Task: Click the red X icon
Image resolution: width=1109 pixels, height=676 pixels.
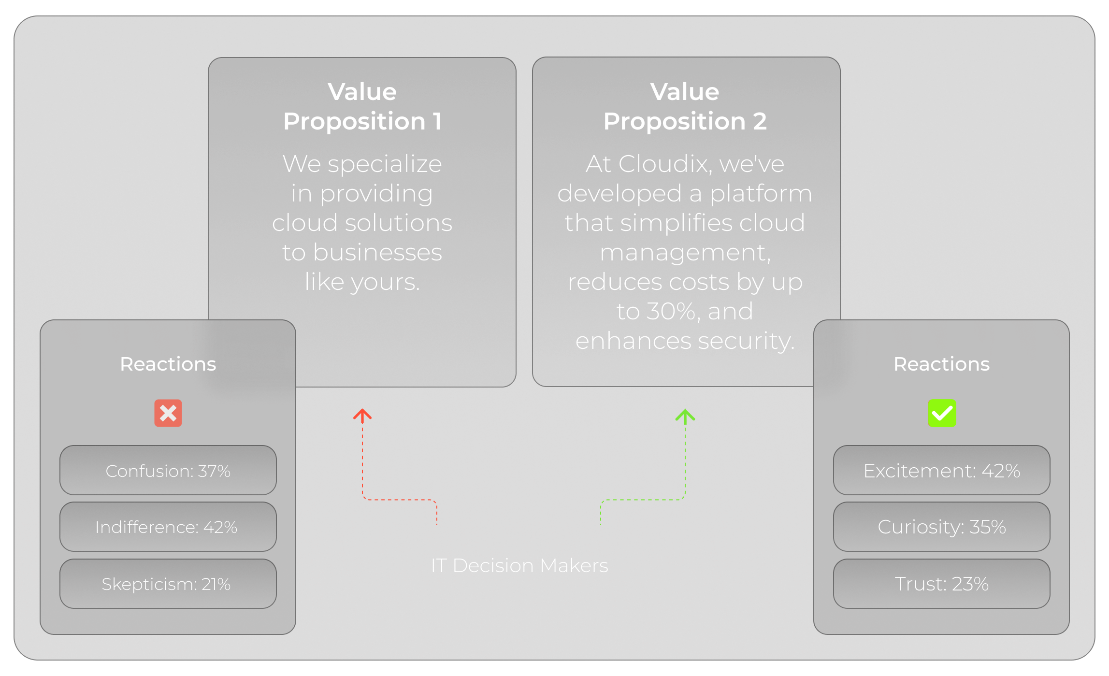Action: tap(168, 413)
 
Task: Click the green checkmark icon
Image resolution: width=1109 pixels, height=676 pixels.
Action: tap(942, 413)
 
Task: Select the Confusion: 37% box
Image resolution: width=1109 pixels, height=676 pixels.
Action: tap(168, 470)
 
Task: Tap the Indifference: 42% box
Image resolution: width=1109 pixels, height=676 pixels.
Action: tap(168, 527)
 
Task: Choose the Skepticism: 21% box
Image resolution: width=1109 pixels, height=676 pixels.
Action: tap(168, 584)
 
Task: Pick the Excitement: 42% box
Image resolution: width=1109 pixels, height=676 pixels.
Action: tap(942, 470)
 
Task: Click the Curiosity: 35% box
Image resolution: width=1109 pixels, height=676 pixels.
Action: tap(942, 527)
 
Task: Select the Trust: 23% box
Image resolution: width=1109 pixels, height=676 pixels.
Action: tap(942, 584)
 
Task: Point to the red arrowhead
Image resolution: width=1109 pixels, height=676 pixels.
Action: tap(362, 415)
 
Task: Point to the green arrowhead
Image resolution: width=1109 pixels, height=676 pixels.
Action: tap(685, 415)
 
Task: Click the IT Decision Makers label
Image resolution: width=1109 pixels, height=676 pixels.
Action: tap(519, 565)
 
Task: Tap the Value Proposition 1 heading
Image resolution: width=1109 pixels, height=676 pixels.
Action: tap(362, 106)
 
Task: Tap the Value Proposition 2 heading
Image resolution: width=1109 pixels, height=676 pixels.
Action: tap(685, 106)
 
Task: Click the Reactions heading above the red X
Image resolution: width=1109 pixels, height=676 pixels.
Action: tap(168, 364)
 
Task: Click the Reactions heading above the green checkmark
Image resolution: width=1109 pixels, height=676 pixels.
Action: tap(942, 364)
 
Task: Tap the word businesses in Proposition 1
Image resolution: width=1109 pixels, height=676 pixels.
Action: tap(377, 252)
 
